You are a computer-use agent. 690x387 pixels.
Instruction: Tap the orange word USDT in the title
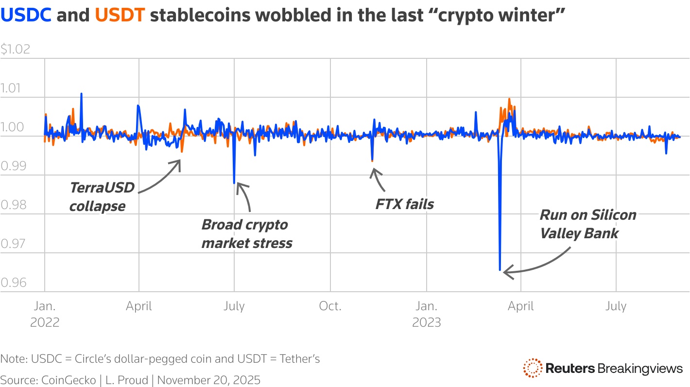point(120,16)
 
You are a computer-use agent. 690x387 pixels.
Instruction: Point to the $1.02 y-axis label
point(16,49)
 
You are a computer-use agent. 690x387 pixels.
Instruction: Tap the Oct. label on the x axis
point(330,306)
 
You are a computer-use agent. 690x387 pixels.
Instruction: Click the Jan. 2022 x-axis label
point(45,314)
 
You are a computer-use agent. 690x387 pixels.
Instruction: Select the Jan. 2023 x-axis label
point(426,314)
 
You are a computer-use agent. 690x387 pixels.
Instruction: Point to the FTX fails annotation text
point(404,204)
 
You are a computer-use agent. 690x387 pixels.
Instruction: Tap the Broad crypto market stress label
point(247,234)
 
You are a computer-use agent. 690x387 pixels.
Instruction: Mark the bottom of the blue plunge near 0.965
point(500,269)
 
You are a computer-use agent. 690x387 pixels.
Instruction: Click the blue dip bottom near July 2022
point(234,183)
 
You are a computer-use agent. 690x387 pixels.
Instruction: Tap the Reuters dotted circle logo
point(532,368)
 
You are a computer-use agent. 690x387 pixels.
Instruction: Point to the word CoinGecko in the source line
point(61,380)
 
